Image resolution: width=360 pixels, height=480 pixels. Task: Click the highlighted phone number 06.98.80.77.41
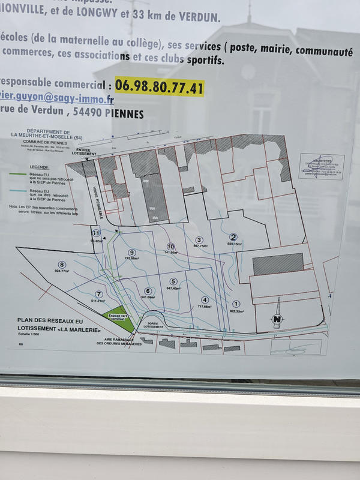point(160,87)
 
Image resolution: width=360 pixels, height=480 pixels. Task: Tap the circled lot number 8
point(61,264)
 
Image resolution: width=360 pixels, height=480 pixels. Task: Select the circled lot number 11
point(95,233)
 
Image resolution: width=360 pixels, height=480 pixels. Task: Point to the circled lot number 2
point(233,237)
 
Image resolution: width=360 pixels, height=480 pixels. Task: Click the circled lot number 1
point(236,304)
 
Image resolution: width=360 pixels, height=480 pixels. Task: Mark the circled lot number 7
point(99,294)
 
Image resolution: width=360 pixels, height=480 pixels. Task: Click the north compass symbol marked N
point(277,319)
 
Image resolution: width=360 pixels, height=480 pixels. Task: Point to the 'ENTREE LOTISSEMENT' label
point(82,152)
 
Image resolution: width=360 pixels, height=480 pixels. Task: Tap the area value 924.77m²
point(61,271)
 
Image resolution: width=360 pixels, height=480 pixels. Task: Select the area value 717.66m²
point(204,307)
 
